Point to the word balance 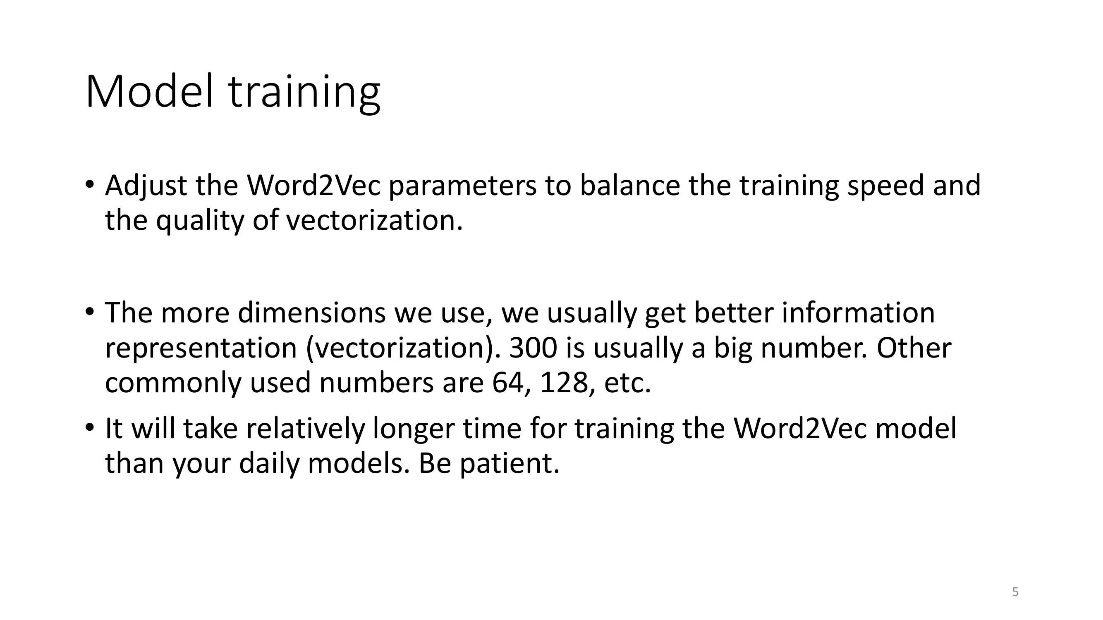coord(630,186)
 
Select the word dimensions coord(312,313)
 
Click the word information coord(858,313)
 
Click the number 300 coord(533,348)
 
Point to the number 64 coord(508,383)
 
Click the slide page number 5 coord(1015,592)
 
